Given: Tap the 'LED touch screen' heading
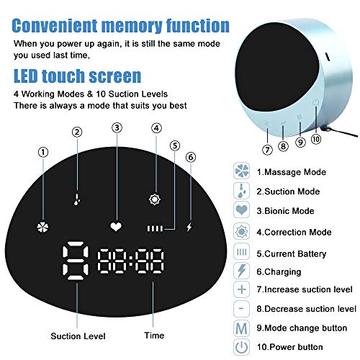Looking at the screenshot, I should (x=78, y=76).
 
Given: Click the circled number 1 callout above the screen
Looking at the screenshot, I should (x=43, y=152).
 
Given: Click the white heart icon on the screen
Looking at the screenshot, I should (x=115, y=226).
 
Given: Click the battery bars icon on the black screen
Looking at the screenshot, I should (x=156, y=230).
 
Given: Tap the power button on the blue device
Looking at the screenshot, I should (x=315, y=103).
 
